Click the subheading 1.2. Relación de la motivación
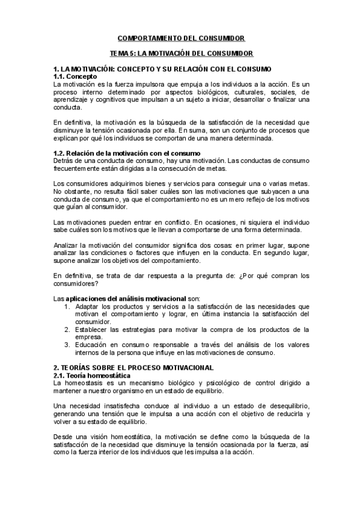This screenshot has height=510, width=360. pos(127,153)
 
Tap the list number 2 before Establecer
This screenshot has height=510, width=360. pos(67,329)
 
